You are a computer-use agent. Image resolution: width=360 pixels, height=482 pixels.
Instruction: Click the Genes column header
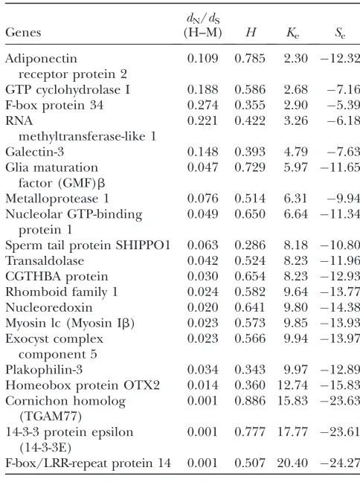pyautogui.click(x=23, y=32)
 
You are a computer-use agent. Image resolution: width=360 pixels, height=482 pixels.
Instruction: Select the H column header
pyautogui.click(x=251, y=32)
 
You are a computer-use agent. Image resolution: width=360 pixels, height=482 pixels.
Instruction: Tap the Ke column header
pyautogui.click(x=292, y=33)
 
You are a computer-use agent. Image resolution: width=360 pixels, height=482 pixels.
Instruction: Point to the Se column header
pyautogui.click(x=340, y=33)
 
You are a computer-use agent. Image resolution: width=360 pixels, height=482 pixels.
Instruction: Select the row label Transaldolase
pyautogui.click(x=45, y=260)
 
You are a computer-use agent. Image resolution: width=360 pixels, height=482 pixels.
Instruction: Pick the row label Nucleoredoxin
pyautogui.click(x=49, y=307)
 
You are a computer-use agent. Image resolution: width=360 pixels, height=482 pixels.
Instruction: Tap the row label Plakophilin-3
pyautogui.click(x=44, y=370)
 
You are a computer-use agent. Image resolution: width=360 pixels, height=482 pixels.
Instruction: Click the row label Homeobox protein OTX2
pyautogui.click(x=83, y=385)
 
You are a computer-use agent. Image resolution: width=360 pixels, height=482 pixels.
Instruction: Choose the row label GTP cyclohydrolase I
pyautogui.click(x=68, y=90)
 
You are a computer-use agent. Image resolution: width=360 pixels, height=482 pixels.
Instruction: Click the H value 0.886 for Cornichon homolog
pyautogui.click(x=250, y=401)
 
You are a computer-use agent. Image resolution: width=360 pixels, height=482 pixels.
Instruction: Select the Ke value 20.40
pyautogui.click(x=292, y=463)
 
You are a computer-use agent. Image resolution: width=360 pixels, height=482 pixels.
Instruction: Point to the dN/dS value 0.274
pyautogui.click(x=202, y=105)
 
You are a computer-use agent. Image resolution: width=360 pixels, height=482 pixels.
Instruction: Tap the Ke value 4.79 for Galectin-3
pyautogui.click(x=296, y=152)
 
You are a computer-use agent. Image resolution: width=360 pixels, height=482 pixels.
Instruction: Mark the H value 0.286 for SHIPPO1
pyautogui.click(x=250, y=245)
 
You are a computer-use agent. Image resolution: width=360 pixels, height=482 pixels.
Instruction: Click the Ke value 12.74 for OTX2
pyautogui.click(x=292, y=385)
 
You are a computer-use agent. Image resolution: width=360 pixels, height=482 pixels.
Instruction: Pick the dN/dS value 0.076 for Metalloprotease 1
pyautogui.click(x=202, y=199)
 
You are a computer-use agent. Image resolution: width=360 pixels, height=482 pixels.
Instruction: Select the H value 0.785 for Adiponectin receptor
pyautogui.click(x=250, y=59)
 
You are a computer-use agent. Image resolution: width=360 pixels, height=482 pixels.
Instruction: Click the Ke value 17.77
pyautogui.click(x=292, y=432)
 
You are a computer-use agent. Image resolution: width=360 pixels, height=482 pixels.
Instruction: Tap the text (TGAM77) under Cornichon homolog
pyautogui.click(x=51, y=417)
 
